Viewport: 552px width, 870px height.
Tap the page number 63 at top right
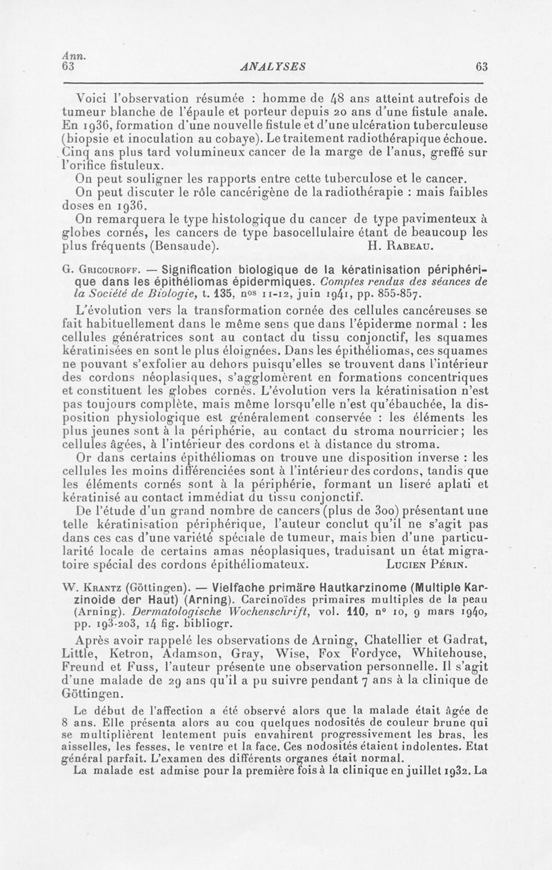click(482, 66)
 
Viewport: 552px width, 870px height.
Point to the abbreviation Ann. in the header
click(69, 56)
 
